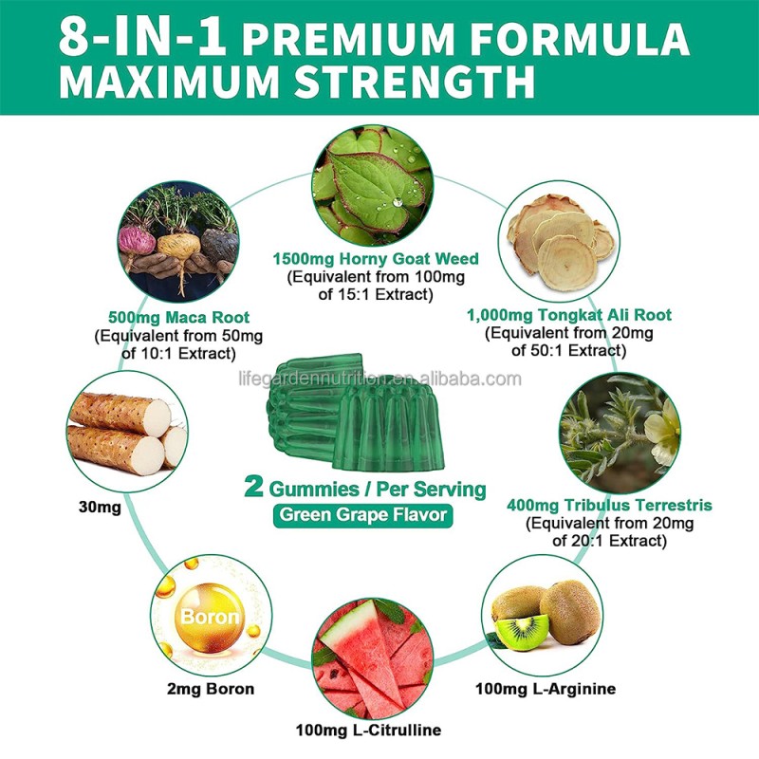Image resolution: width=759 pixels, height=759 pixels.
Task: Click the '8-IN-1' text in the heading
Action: coord(140,38)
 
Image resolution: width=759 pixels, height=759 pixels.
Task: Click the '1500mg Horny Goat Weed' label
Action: coord(376,259)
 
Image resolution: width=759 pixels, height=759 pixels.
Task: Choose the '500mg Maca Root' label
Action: coord(165,319)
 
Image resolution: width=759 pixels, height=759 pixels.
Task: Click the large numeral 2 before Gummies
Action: coord(252,489)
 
